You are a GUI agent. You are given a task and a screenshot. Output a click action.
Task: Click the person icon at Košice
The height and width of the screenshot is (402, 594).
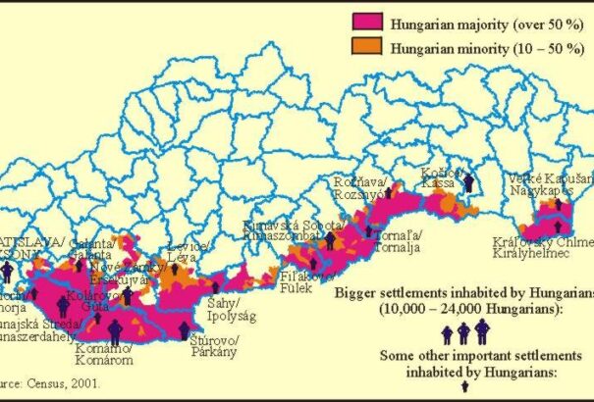(469, 182)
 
